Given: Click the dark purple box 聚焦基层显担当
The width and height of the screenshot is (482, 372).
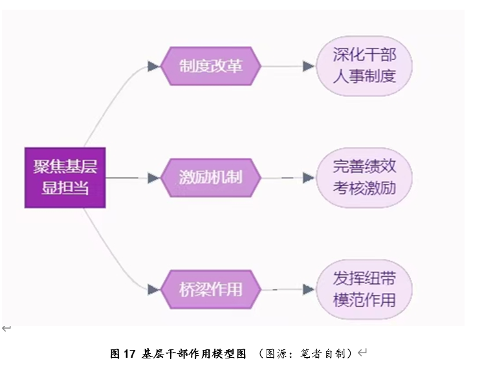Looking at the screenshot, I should pos(65,178).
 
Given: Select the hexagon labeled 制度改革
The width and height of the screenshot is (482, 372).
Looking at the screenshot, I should pos(211,66).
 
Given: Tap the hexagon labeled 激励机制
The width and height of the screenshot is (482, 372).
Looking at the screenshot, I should pos(211,177).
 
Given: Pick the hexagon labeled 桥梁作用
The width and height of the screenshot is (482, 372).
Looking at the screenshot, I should pos(211,289).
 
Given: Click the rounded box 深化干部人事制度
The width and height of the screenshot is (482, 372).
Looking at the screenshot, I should pos(364,66).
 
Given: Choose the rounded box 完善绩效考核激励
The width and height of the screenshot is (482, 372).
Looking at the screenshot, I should pos(364,177).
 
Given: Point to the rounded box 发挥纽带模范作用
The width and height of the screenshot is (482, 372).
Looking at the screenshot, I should pos(364,289).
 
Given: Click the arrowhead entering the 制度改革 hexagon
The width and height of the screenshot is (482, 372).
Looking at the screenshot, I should pos(153,66).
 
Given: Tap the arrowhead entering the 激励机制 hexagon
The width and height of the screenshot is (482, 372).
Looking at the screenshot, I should pos(153,177).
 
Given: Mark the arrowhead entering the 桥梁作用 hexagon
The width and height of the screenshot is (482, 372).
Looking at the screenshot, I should pos(153,289).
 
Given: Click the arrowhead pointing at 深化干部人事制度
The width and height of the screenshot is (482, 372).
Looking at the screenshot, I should pos(309,66).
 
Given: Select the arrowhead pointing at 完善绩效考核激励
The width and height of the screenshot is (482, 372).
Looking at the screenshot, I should pos(309,177).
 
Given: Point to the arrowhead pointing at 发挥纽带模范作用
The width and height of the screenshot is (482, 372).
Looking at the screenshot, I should pos(309,289).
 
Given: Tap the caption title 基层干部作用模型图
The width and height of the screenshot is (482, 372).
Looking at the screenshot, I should pos(193,353).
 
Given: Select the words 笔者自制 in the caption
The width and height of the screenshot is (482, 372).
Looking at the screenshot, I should pos(323,353).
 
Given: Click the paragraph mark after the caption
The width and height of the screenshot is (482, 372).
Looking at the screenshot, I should pos(362,353).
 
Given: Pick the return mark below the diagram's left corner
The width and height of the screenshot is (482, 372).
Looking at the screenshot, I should pos(6,329).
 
